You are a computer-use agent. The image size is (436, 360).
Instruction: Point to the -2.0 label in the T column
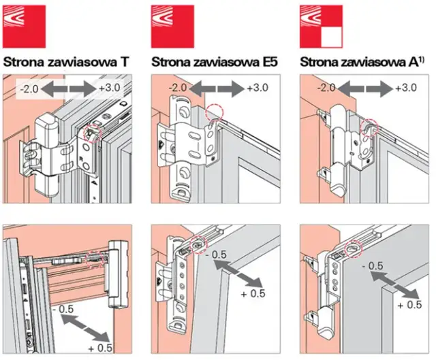pos(30,88)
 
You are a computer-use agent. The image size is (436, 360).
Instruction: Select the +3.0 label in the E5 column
pos(257,88)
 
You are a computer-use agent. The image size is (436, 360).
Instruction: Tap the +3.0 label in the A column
pos(406,88)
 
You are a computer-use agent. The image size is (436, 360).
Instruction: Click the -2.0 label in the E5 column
pos(178,88)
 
